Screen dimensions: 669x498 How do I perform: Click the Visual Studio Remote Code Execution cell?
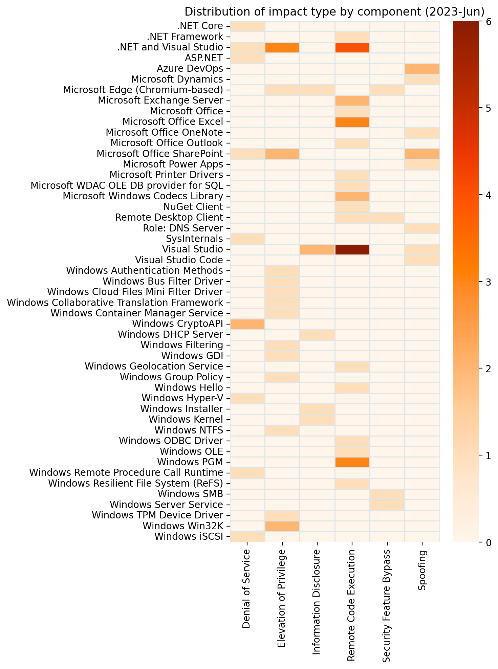pos(352,250)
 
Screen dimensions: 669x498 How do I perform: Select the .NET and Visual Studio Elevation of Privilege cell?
pos(282,47)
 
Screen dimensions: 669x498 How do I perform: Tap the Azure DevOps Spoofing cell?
pos(422,69)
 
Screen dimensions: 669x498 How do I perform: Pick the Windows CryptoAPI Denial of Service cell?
pos(247,324)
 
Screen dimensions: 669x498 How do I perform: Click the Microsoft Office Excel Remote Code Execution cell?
pos(352,122)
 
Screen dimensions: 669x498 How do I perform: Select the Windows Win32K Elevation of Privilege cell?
pos(282,526)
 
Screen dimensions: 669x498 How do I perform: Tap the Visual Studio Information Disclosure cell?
pos(317,250)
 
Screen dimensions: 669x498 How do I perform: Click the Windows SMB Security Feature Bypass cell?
pos(387,494)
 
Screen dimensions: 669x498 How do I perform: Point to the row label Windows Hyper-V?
pos(182,398)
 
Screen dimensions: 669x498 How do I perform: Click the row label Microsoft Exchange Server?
pos(160,101)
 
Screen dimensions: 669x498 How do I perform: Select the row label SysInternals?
pos(195,239)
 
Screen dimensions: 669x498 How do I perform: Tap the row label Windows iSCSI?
pos(189,537)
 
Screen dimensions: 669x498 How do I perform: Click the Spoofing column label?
pos(422,571)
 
